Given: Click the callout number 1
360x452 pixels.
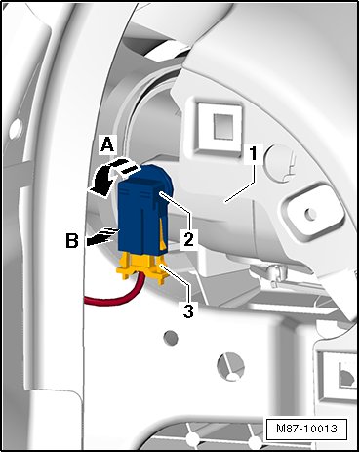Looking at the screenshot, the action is point(253,153).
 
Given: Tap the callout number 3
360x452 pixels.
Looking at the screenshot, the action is point(188,309).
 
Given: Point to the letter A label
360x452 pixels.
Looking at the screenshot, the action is point(107,144).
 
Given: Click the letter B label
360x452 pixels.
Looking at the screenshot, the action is point(72,241).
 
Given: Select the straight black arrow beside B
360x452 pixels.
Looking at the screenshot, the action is point(102,237).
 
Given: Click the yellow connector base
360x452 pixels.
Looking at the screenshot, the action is point(142,267).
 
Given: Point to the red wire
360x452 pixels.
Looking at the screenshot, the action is point(114,297).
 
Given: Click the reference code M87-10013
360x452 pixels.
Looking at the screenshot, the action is point(306,429).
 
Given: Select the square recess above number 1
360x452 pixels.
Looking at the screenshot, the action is point(220,127).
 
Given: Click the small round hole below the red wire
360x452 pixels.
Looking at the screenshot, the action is point(171,338).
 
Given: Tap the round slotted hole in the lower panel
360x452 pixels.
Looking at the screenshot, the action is point(230,366).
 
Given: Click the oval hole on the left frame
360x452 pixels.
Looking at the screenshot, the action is point(16,128).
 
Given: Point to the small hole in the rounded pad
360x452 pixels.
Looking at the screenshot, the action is point(310,213).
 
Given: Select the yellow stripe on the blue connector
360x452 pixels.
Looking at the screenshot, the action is point(163,233).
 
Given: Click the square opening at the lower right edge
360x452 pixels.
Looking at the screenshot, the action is point(340,371).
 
